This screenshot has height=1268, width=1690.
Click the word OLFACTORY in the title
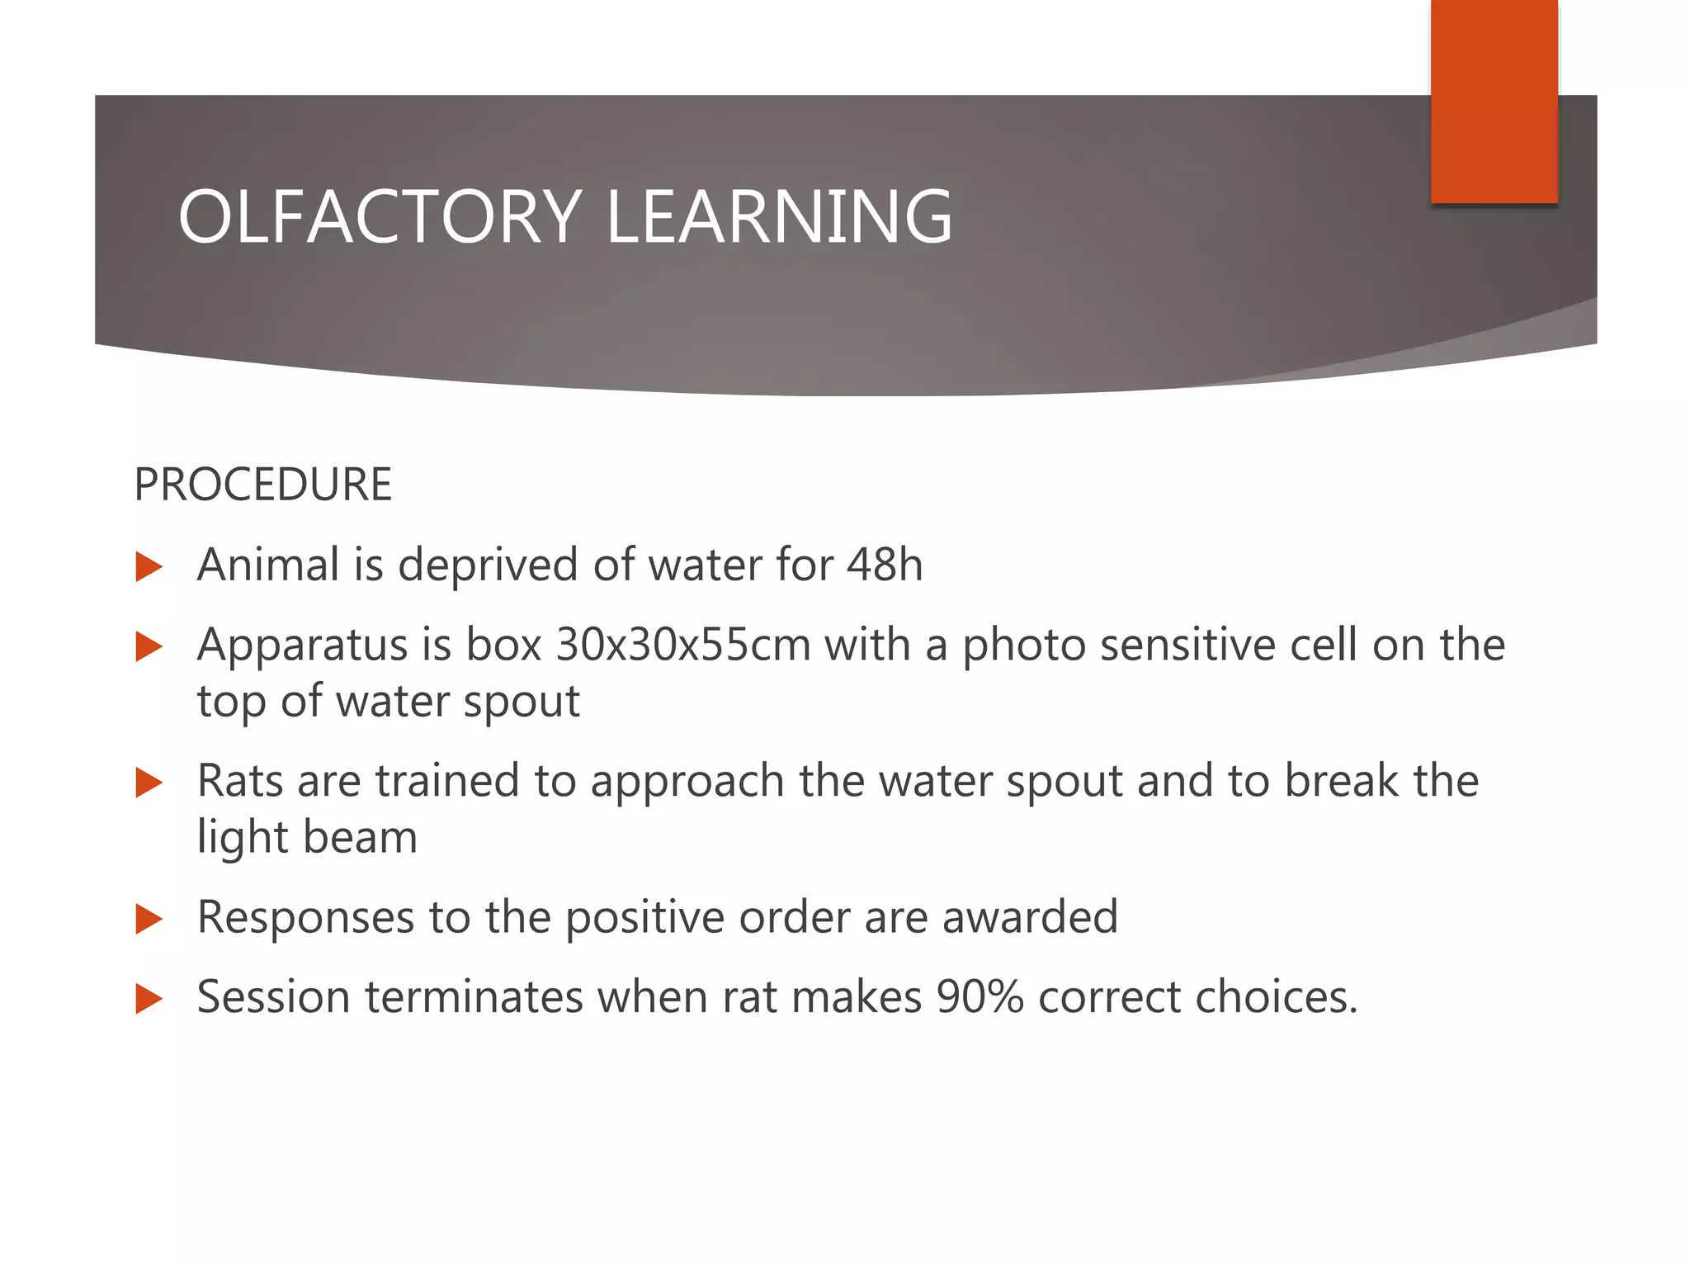click(380, 217)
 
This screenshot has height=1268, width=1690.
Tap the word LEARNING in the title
click(779, 217)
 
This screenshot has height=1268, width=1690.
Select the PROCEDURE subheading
click(262, 485)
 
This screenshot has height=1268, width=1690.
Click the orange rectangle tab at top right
click(1494, 101)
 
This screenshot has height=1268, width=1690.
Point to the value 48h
click(885, 565)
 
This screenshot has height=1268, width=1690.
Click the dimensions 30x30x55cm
click(683, 645)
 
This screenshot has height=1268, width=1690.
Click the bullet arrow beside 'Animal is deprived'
click(149, 567)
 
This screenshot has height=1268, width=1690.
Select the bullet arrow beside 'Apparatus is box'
click(149, 646)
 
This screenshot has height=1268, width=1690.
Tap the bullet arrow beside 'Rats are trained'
click(149, 783)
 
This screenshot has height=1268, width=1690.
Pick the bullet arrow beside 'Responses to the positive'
click(149, 919)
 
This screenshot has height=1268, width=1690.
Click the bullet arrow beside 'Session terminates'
click(149, 999)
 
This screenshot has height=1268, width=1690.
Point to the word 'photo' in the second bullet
click(1024, 646)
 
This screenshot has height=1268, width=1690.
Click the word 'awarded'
click(1030, 917)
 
